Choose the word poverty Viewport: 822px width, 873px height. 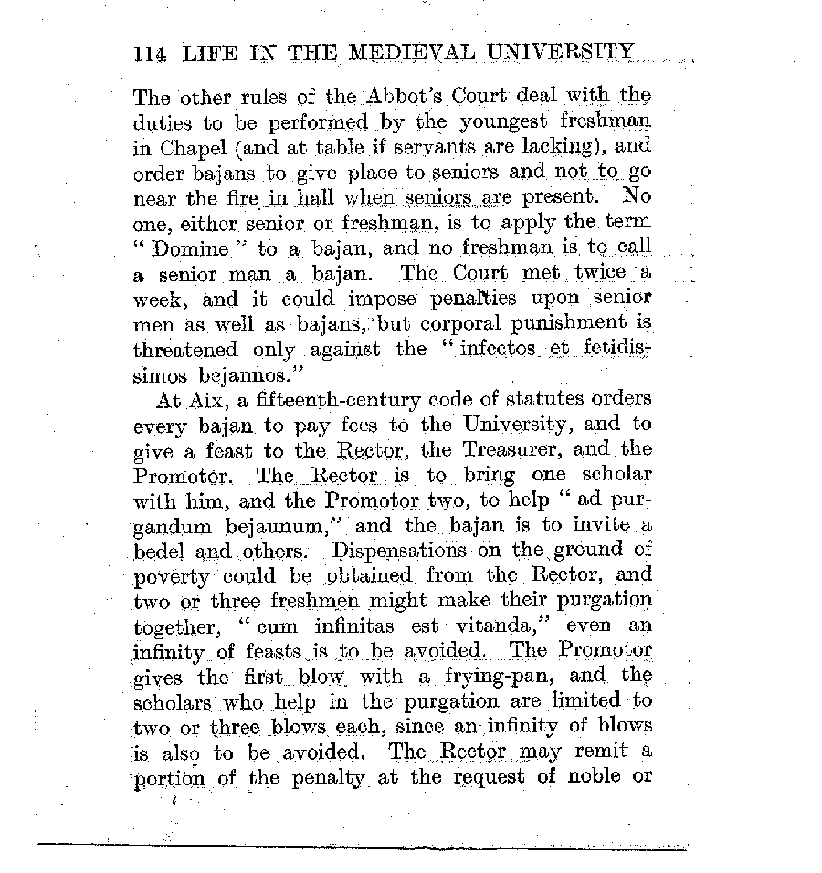(x=174, y=577)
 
